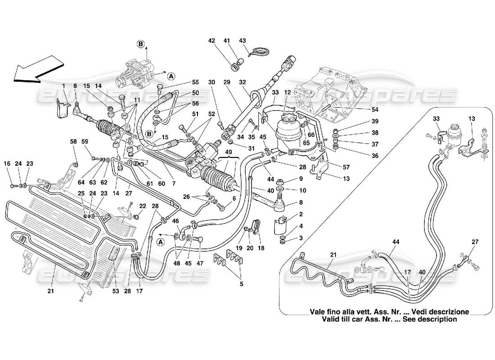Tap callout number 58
74,141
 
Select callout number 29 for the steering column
226,82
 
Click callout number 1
64,86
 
